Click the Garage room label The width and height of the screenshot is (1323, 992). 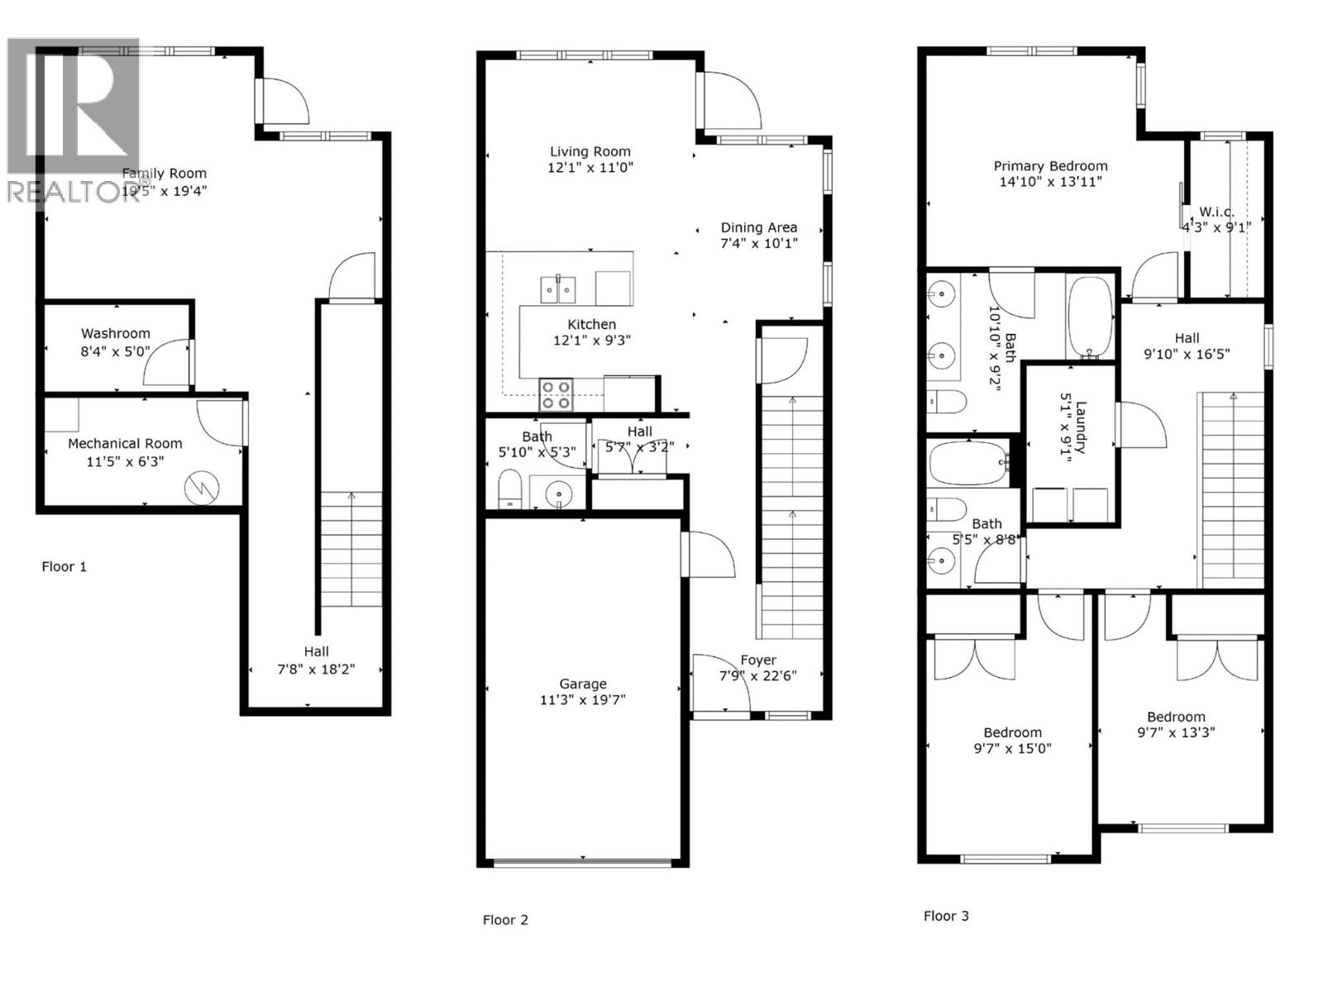point(583,684)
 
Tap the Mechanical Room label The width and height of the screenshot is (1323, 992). point(125,444)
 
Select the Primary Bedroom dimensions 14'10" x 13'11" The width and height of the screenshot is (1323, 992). point(1050,182)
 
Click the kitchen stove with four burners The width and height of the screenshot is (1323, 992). point(556,394)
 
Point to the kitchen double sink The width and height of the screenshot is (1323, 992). point(558,289)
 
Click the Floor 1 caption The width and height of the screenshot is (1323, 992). point(64,566)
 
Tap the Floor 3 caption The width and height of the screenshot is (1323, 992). point(946,916)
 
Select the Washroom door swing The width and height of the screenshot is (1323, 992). point(168,364)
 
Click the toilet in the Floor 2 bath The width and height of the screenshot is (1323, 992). point(509,490)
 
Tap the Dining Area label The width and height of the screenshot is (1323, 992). point(758,227)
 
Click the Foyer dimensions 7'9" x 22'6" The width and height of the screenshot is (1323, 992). point(757,675)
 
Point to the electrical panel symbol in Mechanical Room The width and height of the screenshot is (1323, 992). point(202,488)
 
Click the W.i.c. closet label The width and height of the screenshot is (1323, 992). point(1216,212)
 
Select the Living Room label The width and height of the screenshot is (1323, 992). point(590,151)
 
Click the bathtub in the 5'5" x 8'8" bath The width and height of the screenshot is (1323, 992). point(967,463)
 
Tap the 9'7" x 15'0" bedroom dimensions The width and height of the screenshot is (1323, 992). point(1012,748)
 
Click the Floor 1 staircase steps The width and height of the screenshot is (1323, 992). point(351,550)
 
